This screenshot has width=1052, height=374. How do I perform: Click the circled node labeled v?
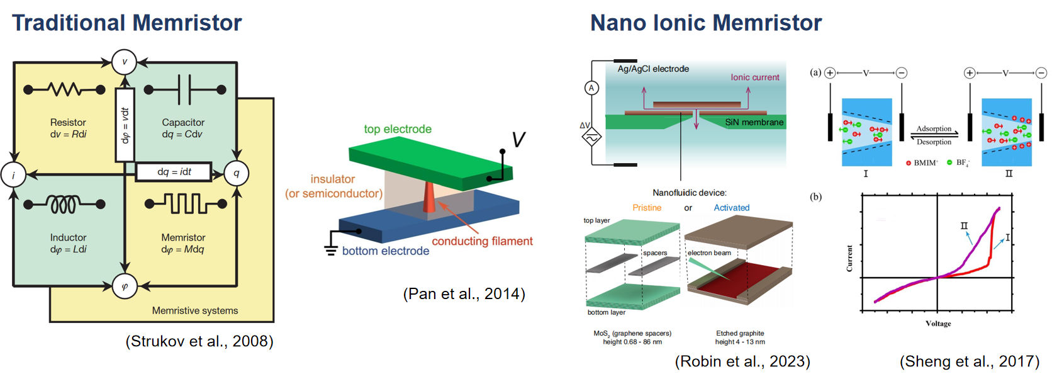tap(124, 62)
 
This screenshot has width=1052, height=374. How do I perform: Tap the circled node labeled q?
tap(237, 173)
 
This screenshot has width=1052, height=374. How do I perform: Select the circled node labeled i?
tap(13, 175)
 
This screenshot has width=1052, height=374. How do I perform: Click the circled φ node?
tap(125, 286)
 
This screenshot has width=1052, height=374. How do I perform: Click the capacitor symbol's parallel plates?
tap(184, 89)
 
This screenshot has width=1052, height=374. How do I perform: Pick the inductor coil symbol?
tap(64, 204)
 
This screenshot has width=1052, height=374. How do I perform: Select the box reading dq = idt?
tap(174, 172)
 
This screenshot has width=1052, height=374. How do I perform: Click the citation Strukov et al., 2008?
tap(199, 341)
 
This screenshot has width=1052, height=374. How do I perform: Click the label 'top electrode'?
tap(398, 129)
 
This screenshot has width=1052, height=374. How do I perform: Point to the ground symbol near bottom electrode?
tap(331, 249)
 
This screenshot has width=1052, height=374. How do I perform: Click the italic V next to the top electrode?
tap(518, 140)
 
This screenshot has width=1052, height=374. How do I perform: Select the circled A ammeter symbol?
tap(591, 88)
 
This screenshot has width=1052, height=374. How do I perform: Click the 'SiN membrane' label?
tap(754, 122)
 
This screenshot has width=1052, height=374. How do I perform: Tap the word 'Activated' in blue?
tap(731, 208)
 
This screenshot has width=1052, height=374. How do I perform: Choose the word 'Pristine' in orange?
tap(647, 208)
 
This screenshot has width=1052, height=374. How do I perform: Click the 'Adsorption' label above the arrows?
tap(934, 128)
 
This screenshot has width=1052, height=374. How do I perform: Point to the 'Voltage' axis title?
tap(938, 324)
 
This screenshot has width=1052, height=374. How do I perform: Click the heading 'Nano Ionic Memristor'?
tap(705, 23)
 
